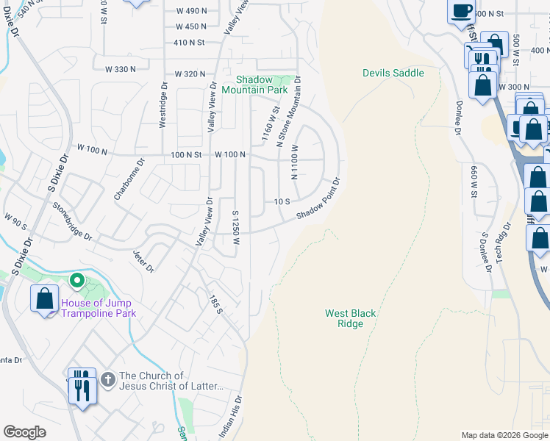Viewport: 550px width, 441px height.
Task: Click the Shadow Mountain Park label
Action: (x=263, y=85)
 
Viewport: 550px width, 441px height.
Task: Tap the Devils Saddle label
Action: (x=393, y=73)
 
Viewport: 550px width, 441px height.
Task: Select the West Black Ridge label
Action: (x=351, y=318)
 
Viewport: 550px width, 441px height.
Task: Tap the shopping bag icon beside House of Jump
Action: (x=44, y=298)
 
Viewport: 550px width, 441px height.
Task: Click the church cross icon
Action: (x=107, y=379)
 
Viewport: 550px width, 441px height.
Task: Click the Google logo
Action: (x=24, y=432)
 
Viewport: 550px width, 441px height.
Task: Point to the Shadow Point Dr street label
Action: (x=318, y=198)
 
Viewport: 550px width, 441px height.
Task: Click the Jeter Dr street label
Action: (x=143, y=261)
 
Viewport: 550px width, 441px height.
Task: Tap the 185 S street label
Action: (x=215, y=304)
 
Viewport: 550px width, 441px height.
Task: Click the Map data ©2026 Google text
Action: (x=504, y=435)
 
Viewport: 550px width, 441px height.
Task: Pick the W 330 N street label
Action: (x=121, y=69)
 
